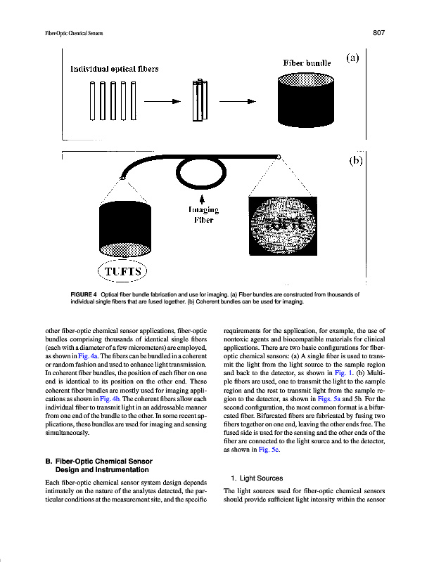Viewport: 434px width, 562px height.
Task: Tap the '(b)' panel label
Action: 355,160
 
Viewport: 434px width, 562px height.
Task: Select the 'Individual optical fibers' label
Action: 115,69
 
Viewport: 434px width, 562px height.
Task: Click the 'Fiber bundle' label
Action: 307,63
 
